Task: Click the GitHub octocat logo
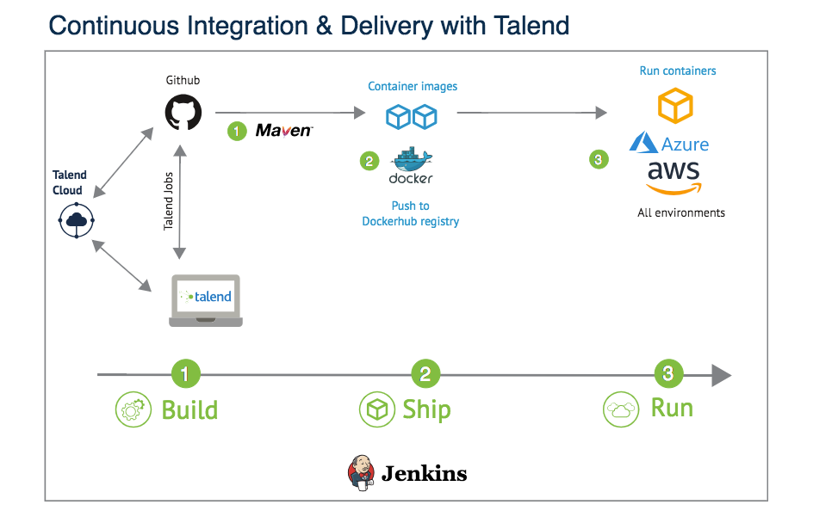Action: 183,112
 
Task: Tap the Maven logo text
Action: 283,131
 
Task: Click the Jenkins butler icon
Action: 361,471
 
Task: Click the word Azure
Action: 686,144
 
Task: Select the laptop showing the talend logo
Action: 205,300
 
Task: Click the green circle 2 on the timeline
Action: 425,374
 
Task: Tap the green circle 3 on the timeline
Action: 668,374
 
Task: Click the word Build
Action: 189,409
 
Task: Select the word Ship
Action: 426,409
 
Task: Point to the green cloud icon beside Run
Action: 619,409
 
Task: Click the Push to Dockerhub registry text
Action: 410,213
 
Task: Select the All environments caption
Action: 681,212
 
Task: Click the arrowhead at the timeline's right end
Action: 721,375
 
